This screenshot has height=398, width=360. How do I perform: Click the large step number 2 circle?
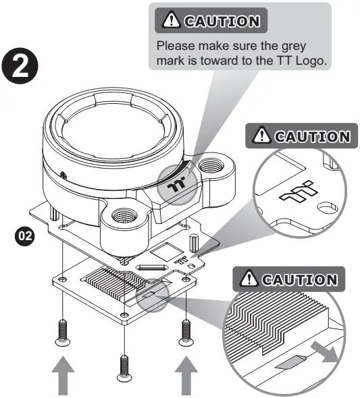click(x=20, y=66)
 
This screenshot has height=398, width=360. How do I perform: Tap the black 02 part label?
click(x=25, y=236)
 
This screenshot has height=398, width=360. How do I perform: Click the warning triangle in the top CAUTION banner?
click(x=172, y=20)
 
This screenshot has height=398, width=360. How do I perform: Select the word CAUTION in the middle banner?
click(x=312, y=137)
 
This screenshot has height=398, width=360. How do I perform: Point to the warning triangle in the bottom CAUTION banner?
click(x=249, y=278)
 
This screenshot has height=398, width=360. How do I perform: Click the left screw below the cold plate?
click(x=63, y=333)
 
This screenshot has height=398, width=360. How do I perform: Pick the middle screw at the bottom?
click(x=124, y=368)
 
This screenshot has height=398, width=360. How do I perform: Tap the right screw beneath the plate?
click(x=186, y=333)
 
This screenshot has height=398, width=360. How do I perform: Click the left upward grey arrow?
click(x=63, y=376)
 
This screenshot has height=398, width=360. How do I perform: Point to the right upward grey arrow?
click(x=186, y=376)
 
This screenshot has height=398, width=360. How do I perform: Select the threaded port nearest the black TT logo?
click(x=211, y=166)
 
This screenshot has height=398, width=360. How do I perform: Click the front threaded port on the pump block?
click(x=124, y=216)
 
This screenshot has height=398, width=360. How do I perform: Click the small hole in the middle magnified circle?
click(x=327, y=207)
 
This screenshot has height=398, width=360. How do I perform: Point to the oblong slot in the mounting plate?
click(x=153, y=267)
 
